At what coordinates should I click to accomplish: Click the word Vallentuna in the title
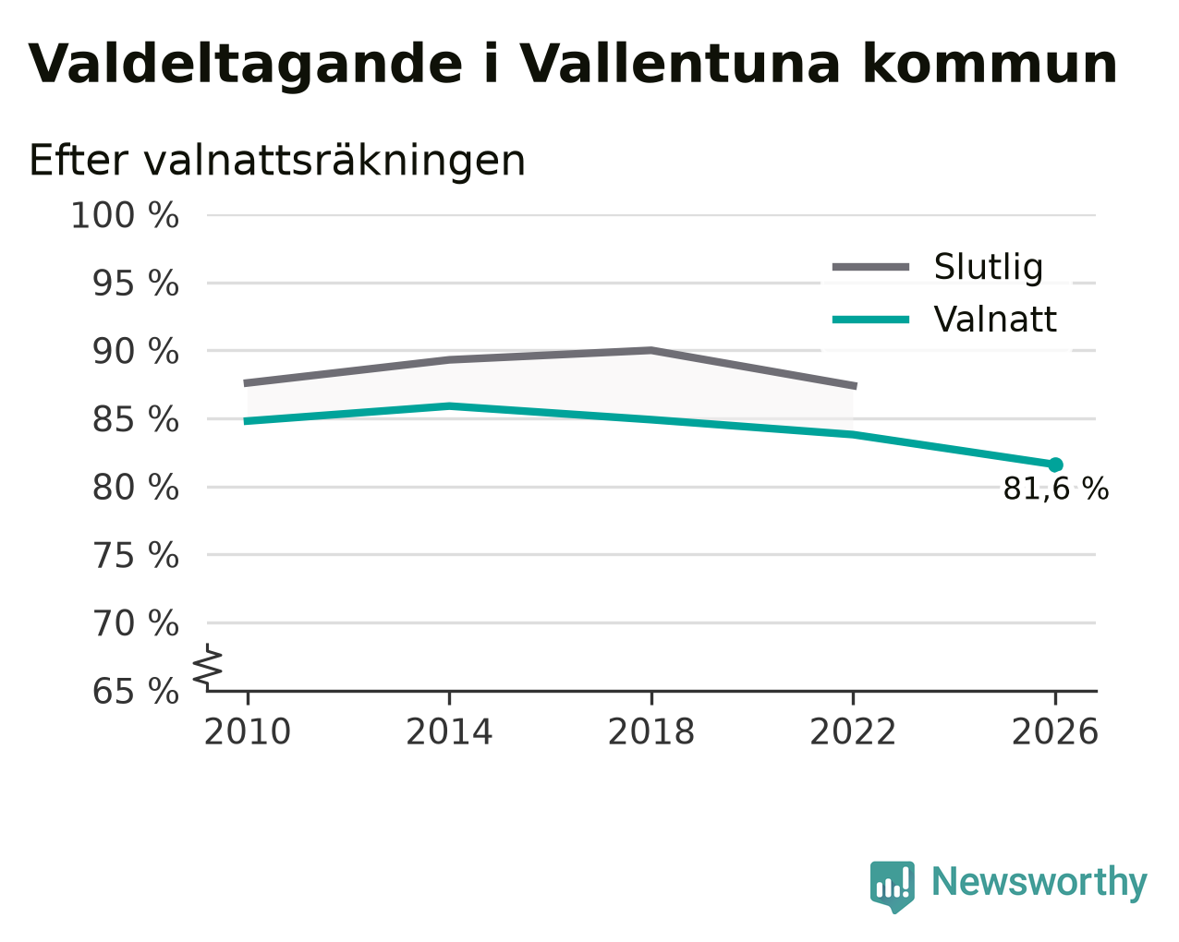679,64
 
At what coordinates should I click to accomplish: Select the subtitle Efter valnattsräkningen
277,161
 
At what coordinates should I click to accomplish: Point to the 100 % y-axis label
125,215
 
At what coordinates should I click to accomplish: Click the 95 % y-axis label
135,284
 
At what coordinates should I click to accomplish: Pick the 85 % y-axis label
135,419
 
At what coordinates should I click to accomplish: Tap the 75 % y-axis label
135,555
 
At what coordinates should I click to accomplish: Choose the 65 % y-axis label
135,691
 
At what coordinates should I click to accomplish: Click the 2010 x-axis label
248,731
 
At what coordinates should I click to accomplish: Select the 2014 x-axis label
449,731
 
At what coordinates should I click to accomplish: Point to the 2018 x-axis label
651,731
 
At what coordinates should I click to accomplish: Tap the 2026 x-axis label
1055,731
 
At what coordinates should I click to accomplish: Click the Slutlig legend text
989,268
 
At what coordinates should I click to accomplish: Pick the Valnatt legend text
995,320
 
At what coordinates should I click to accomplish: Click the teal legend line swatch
870,320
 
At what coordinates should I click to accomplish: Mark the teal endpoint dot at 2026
1055,465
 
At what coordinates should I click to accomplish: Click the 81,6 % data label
1056,489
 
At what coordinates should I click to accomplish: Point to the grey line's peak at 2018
650,350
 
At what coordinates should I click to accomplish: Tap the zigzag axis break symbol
208,665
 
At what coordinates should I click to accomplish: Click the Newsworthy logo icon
893,885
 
